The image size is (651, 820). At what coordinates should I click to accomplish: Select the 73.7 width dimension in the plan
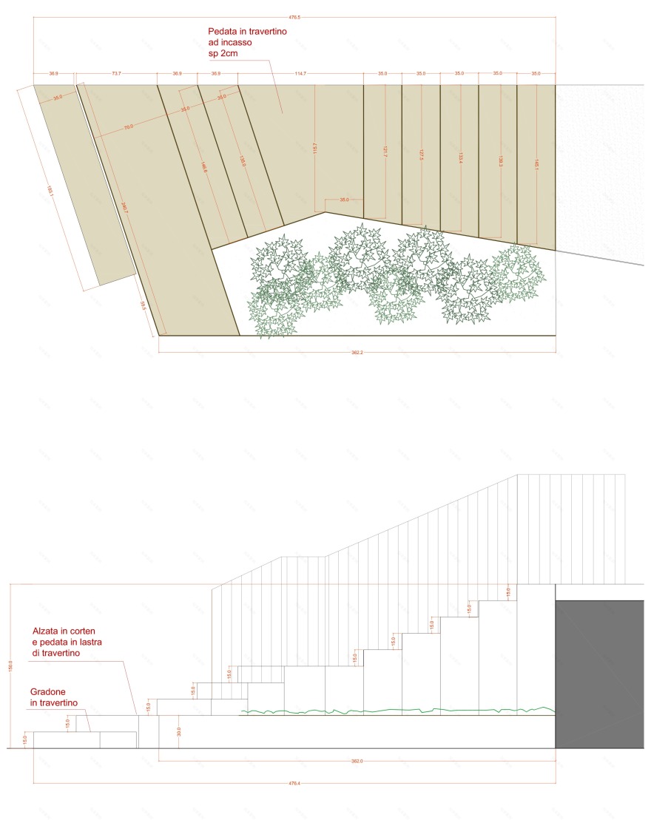pyautogui.click(x=116, y=74)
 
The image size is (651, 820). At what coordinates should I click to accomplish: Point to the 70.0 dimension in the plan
pyautogui.click(x=129, y=127)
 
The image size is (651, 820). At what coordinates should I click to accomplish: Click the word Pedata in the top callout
pyautogui.click(x=224, y=32)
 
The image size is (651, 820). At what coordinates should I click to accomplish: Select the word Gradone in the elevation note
pyautogui.click(x=49, y=690)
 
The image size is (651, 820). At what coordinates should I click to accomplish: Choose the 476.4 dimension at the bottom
pyautogui.click(x=294, y=784)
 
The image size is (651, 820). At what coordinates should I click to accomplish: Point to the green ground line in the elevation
pyautogui.click(x=399, y=711)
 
